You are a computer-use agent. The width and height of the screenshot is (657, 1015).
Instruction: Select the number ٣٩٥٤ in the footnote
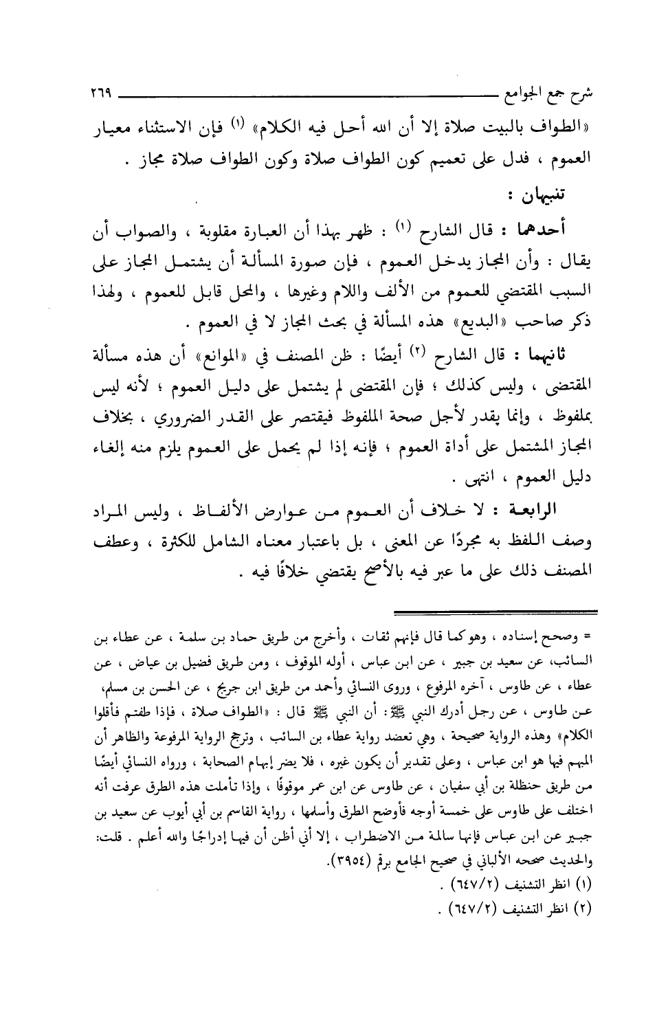(357, 860)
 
